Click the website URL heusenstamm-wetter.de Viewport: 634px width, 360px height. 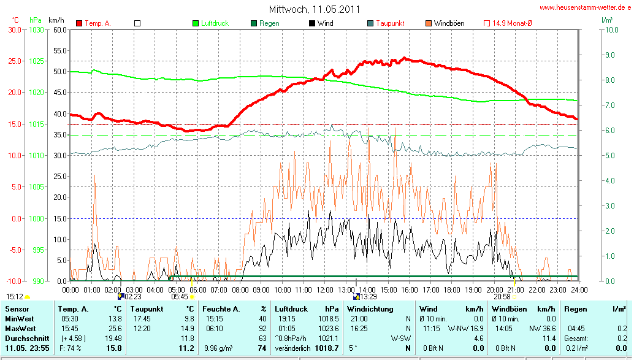(x=586, y=7)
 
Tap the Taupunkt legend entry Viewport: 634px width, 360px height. (x=389, y=23)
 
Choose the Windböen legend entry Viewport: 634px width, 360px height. (x=449, y=23)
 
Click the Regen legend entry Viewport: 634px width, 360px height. (x=269, y=23)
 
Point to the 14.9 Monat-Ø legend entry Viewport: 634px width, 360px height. (x=512, y=23)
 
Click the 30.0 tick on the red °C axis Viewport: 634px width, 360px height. (x=13, y=29)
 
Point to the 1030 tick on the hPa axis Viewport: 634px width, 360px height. (x=36, y=29)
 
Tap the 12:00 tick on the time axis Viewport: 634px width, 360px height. (x=324, y=289)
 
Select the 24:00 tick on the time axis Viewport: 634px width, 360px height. (x=579, y=289)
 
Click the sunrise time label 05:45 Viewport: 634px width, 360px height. (x=180, y=296)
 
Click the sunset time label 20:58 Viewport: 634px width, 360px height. (x=502, y=296)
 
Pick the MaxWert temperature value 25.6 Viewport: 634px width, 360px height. (x=115, y=329)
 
